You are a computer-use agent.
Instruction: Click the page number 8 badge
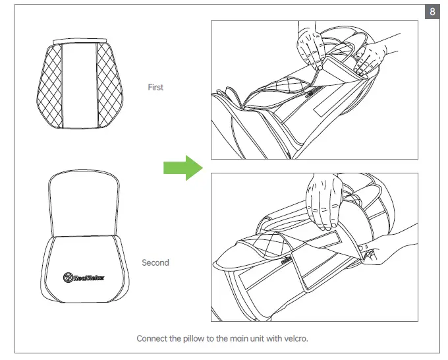tap(432, 13)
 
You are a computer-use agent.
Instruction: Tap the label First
tap(155, 87)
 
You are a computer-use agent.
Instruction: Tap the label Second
tap(155, 262)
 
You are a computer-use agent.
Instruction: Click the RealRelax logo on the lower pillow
tap(85, 277)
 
